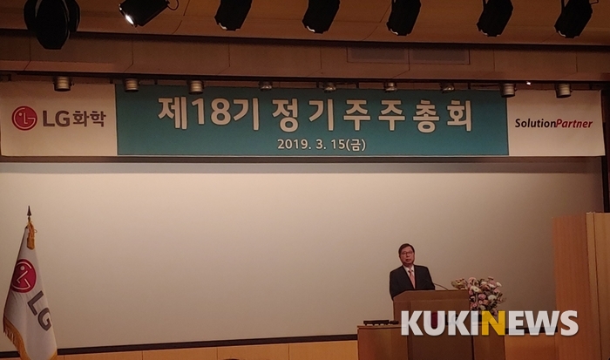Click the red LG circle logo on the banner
pyautogui.click(x=24, y=119)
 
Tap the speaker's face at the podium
pyautogui.click(x=407, y=255)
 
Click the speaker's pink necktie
pyautogui.click(x=411, y=276)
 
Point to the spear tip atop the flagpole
pyautogui.click(x=29, y=212)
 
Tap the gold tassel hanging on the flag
pyautogui.click(x=30, y=234)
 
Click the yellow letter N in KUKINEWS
pyautogui.click(x=493, y=323)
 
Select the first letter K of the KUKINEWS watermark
pyautogui.click(x=411, y=323)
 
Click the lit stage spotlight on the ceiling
pyautogui.click(x=143, y=11)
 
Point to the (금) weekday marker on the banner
pyautogui.click(x=356, y=145)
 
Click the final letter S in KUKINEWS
pyautogui.click(x=568, y=323)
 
